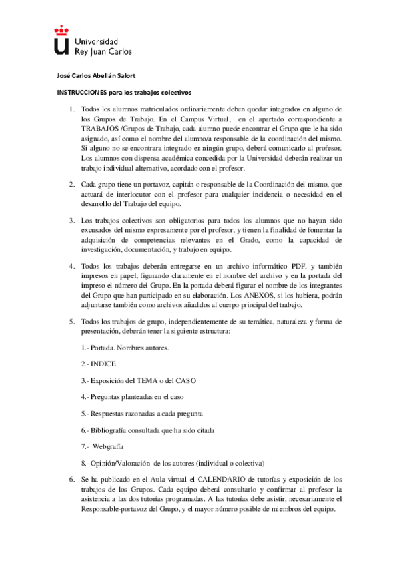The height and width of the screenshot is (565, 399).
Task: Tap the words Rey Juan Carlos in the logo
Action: coord(103,51)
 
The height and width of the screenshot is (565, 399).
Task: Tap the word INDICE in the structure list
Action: coord(104,364)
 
